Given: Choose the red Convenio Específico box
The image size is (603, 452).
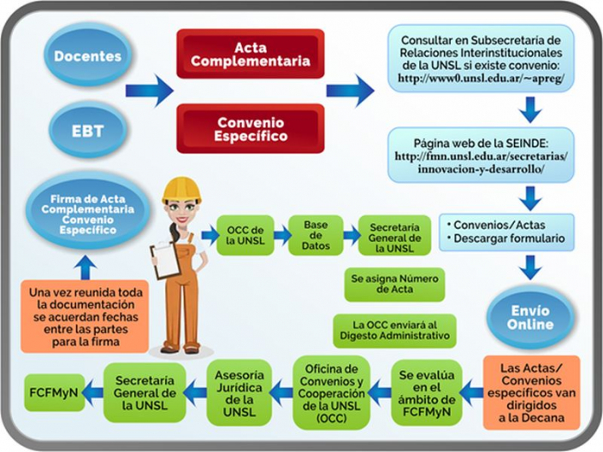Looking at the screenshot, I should coord(251,128).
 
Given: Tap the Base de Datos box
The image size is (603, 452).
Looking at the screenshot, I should coord(316,235).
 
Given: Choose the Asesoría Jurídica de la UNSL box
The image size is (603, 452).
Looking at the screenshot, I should coord(239,392).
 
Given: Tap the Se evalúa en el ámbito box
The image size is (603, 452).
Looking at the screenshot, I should coord(426,392).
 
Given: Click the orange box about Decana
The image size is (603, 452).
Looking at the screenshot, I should coord(532,392).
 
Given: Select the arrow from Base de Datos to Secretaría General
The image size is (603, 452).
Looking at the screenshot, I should coord(351,235).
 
